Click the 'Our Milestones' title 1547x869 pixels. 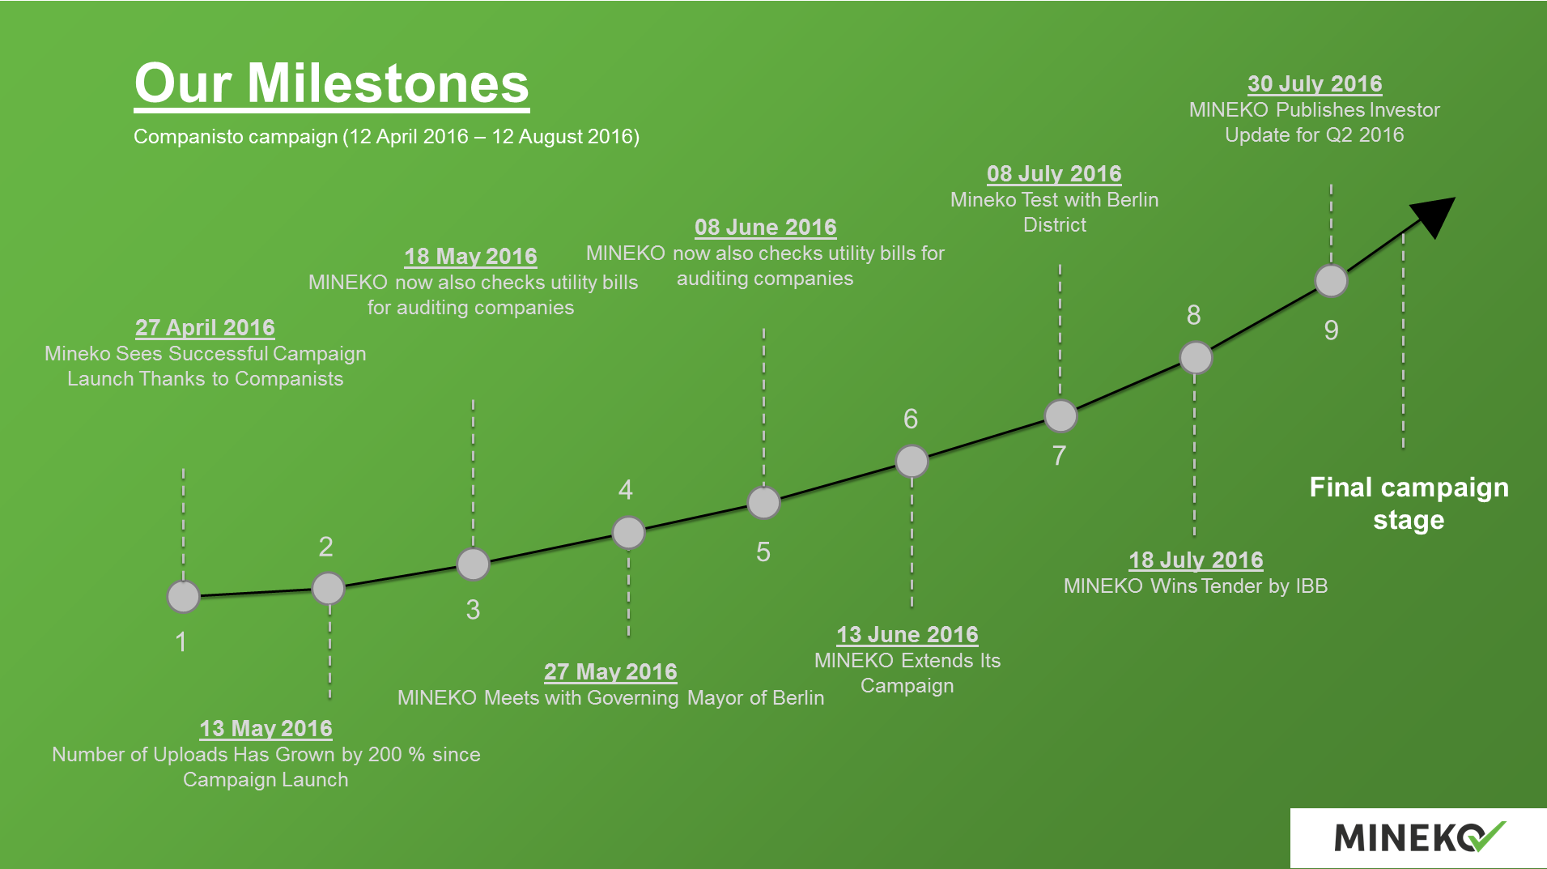332,83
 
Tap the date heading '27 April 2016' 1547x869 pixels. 205,327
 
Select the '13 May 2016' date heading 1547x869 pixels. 266,728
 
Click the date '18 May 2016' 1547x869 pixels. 470,256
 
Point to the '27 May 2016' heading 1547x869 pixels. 610,671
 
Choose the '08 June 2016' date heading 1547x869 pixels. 766,227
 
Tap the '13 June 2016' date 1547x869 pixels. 907,634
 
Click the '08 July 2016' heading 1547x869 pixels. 1054,173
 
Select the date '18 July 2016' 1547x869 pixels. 1196,560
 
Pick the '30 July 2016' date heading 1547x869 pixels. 1315,83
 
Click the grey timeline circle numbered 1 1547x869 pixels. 184,597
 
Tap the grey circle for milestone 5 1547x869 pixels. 763,503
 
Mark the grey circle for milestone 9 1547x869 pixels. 1332,281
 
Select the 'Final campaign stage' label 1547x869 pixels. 1409,503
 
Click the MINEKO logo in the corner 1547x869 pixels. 1419,837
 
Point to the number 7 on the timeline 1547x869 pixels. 1059,456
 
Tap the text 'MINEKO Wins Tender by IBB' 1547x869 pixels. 1196,586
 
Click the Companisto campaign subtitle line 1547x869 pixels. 387,136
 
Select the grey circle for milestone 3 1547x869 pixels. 474,564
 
